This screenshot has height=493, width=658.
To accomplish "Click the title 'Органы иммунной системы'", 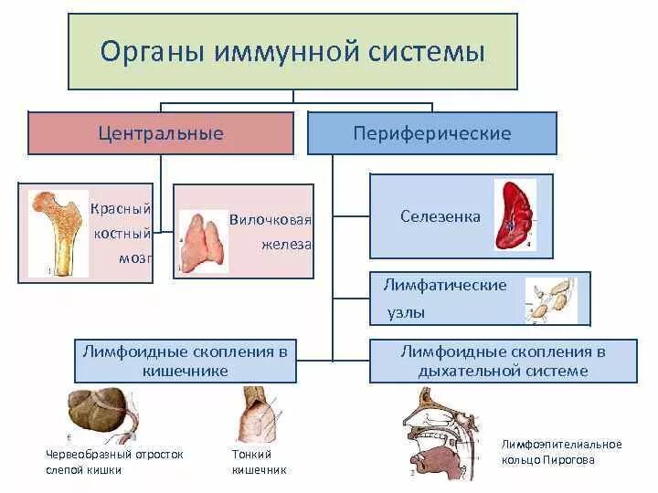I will pyautogui.click(x=292, y=50).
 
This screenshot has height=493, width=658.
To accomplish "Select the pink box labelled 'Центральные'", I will pyautogui.click(x=161, y=133).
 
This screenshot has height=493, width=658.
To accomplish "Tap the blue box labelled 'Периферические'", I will pyautogui.click(x=431, y=133).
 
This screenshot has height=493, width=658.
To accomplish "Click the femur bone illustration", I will pyautogui.click(x=57, y=232).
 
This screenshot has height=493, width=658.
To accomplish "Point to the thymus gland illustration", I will pyautogui.click(x=203, y=241).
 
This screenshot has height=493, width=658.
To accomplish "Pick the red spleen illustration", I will pyautogui.click(x=515, y=215).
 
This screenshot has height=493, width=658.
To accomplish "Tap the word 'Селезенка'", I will pyautogui.click(x=440, y=216).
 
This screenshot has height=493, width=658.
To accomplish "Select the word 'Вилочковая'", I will pyautogui.click(x=271, y=220).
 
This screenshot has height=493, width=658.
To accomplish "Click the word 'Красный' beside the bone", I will pyautogui.click(x=120, y=209).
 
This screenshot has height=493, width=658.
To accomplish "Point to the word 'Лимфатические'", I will pyautogui.click(x=444, y=285).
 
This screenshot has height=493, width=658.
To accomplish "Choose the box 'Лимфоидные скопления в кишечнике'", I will pyautogui.click(x=186, y=361).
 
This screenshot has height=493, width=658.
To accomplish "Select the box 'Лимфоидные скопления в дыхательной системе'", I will pyautogui.click(x=504, y=361).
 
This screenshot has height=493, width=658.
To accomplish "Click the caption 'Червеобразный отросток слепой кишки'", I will pyautogui.click(x=114, y=462).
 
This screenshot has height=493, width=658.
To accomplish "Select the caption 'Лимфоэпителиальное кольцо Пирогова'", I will pyautogui.click(x=561, y=452).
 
